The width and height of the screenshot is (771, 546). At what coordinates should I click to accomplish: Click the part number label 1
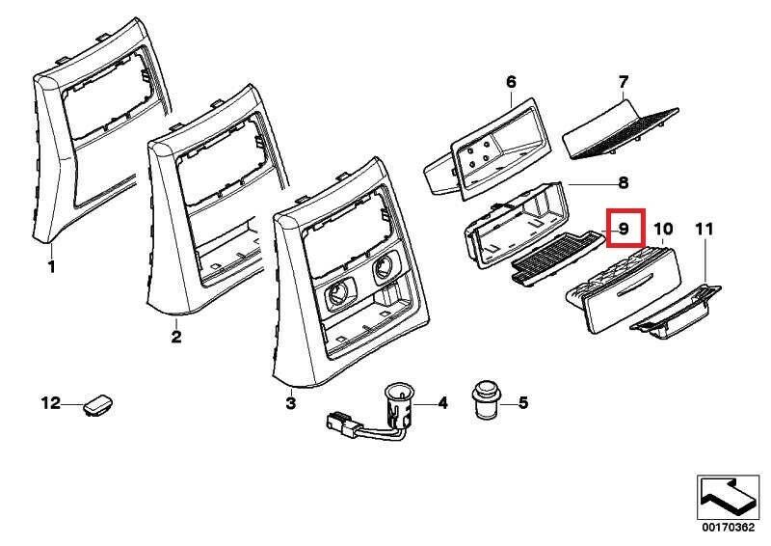click(52, 267)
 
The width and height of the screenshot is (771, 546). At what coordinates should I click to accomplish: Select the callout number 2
click(176, 337)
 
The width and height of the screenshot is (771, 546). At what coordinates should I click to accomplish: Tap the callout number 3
click(291, 403)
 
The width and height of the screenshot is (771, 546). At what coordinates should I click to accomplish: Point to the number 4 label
click(443, 403)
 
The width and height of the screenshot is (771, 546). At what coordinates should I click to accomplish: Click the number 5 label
click(523, 402)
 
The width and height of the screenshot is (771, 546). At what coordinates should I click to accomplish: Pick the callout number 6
click(511, 82)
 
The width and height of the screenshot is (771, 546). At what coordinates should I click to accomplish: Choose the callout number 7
click(623, 81)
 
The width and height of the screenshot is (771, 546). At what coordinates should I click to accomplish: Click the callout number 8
click(623, 183)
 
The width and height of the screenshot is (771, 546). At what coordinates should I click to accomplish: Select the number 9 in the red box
click(624, 229)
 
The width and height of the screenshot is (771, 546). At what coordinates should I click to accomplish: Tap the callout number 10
click(663, 229)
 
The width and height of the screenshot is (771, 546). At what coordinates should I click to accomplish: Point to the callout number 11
click(705, 229)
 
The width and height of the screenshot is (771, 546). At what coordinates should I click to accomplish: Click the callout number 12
click(50, 403)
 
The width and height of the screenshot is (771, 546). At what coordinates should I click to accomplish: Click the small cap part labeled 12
click(100, 404)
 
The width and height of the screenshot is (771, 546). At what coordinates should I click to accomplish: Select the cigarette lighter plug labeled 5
click(486, 397)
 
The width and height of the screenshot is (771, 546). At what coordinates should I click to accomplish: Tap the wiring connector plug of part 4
click(342, 424)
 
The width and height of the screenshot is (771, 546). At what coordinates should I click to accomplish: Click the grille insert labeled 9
click(557, 258)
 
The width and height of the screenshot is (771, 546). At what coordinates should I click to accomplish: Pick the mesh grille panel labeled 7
click(621, 130)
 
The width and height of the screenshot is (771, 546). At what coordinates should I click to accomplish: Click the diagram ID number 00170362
click(728, 528)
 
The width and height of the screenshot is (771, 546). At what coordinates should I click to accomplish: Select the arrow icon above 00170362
click(728, 497)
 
